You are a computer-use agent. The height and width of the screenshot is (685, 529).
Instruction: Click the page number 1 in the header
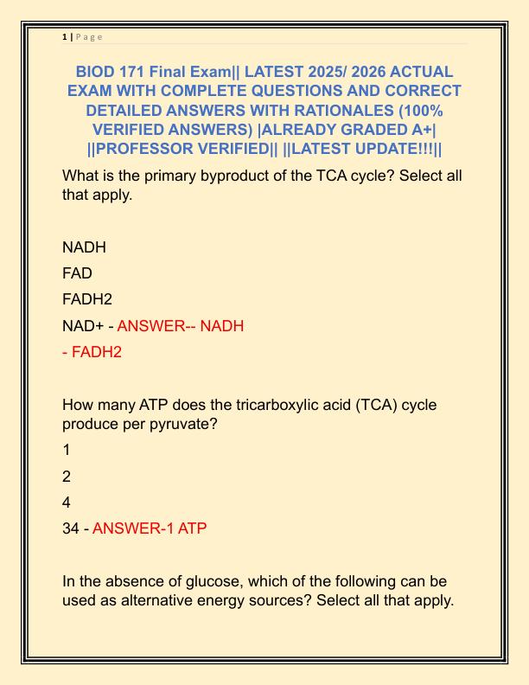[64, 36]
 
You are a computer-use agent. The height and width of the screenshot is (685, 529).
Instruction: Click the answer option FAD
[77, 273]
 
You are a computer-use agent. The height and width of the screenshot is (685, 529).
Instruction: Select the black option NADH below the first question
[84, 247]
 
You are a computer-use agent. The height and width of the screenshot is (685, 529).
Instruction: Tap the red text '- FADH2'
[92, 352]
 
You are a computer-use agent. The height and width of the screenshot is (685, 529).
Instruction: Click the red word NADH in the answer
[222, 326]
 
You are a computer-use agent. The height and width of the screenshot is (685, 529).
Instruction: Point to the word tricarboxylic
[246, 406]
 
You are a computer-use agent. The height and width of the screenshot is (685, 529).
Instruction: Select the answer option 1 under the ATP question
[67, 450]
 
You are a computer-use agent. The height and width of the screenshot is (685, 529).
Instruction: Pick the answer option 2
[67, 477]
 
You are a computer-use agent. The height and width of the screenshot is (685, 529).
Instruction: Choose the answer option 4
[67, 503]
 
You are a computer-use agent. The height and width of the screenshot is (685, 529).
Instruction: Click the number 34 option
[71, 528]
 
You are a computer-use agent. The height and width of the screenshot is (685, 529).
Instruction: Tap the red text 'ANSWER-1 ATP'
[150, 528]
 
